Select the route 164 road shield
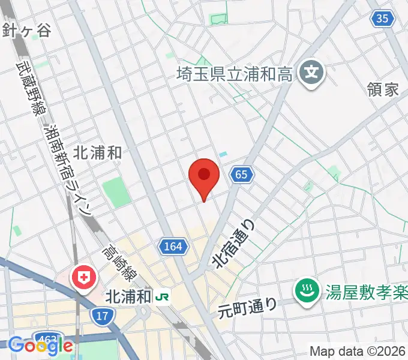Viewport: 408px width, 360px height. click(175, 245)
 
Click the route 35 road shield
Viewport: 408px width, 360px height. click(383, 19)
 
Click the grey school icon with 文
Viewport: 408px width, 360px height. click(311, 74)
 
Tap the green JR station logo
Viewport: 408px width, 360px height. click(162, 296)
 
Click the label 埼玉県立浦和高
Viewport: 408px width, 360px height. click(235, 74)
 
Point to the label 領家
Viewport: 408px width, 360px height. click(383, 90)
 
